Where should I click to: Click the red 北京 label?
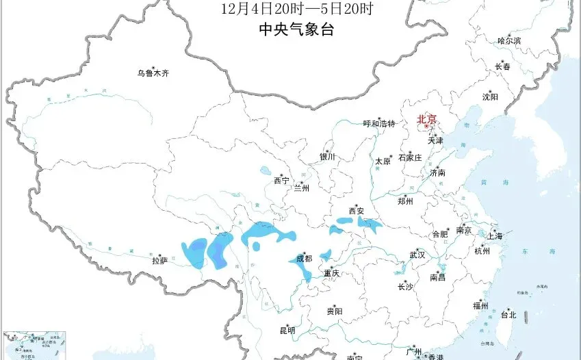point(426,118)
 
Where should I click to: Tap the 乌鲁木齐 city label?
point(152,72)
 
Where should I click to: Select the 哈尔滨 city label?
point(509,41)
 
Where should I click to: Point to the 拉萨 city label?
point(159,260)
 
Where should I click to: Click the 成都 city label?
point(303,259)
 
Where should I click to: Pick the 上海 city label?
point(494,236)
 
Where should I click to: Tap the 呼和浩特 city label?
point(379,124)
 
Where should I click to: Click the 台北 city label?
point(508,316)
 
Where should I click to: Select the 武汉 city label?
point(417,255)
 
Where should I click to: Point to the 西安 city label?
point(357,211)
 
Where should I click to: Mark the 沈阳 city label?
point(490,97)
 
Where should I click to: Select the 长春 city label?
point(502,67)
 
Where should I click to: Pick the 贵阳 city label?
point(335,311)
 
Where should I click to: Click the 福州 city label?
point(480,306)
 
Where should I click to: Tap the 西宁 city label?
point(281,181)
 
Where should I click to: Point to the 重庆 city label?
point(332,273)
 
